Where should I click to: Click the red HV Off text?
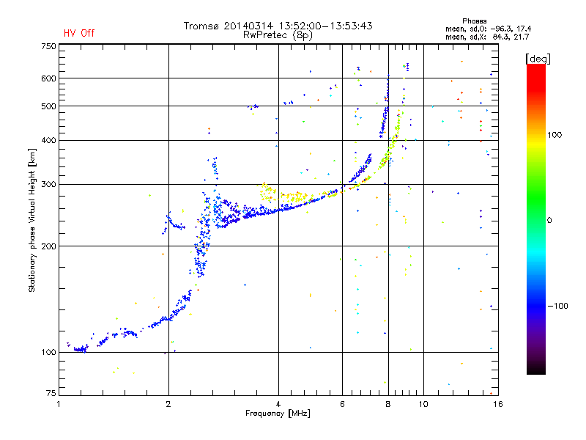78,33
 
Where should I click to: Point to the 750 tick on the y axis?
48,45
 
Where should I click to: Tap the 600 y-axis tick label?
48,78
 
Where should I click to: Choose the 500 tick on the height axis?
48,106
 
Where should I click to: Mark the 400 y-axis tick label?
48,140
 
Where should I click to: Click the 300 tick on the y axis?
48,184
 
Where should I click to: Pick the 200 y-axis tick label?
48,246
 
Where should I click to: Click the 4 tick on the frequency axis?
278,404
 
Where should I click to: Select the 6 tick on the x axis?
343,404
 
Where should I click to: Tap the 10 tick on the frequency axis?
423,404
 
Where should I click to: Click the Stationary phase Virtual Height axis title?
32,220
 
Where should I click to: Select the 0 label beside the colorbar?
551,220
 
